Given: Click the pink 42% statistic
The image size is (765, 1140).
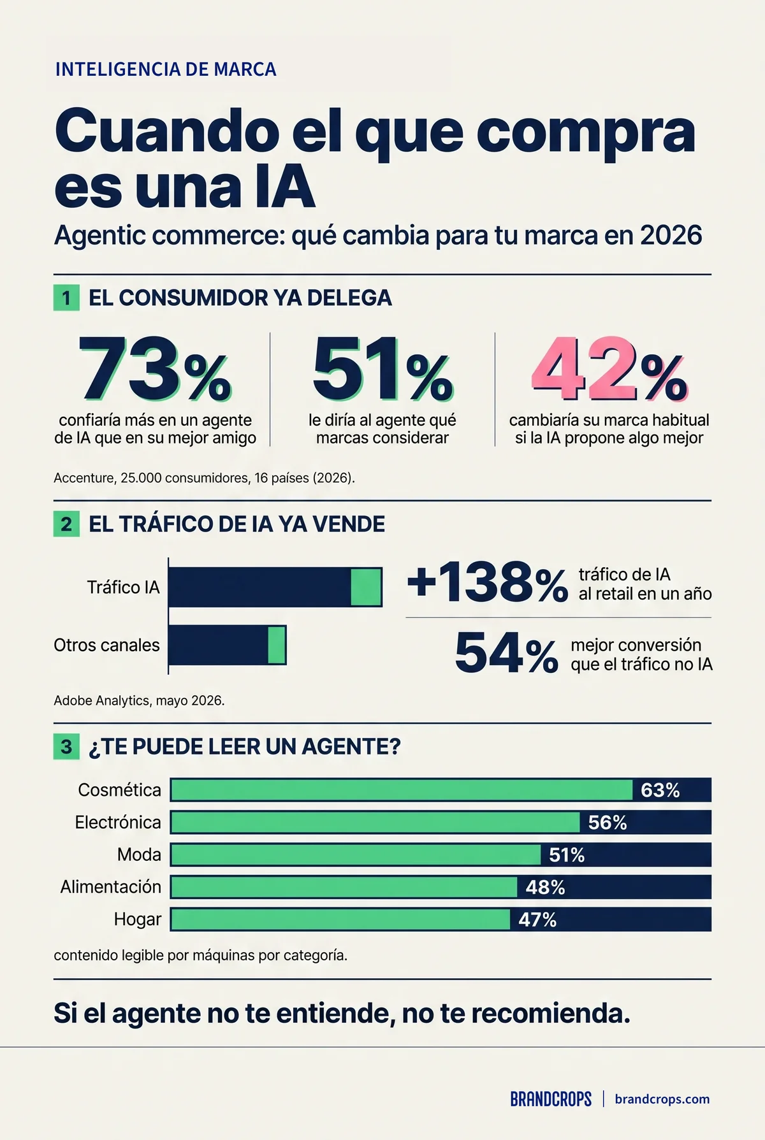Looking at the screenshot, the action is [x=609, y=370].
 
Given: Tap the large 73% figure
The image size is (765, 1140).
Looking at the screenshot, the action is [x=155, y=370].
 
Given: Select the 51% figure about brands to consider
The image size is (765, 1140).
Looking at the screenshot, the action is [x=382, y=370].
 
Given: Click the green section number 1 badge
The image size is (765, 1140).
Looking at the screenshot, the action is [x=66, y=298].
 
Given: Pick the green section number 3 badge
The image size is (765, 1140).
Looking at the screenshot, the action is [x=66, y=746].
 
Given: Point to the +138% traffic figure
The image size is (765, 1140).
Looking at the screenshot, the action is [x=488, y=582].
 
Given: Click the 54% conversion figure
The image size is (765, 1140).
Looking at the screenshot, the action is [x=507, y=653].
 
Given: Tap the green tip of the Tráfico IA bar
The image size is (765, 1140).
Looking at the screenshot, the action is [x=366, y=587].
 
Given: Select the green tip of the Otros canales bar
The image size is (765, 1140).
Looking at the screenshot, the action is [x=277, y=646].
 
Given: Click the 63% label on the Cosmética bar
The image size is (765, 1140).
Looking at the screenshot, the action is [x=660, y=790].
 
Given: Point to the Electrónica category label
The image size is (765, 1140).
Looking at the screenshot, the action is [x=118, y=822].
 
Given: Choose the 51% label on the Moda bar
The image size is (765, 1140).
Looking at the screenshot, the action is [x=567, y=855].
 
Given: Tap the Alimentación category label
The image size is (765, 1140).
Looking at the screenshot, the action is [x=111, y=886].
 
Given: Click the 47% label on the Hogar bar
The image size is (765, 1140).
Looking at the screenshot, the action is [x=537, y=920].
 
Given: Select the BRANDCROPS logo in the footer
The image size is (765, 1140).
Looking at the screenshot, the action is [x=551, y=1099].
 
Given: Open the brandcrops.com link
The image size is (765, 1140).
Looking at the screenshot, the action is [x=662, y=1099].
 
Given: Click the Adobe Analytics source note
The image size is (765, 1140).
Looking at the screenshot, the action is [x=139, y=700].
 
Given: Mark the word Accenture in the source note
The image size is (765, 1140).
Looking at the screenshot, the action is [x=83, y=477].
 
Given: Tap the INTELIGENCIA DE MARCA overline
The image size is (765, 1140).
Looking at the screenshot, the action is [x=166, y=69].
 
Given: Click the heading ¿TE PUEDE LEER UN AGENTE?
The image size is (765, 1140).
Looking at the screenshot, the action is [x=245, y=746].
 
